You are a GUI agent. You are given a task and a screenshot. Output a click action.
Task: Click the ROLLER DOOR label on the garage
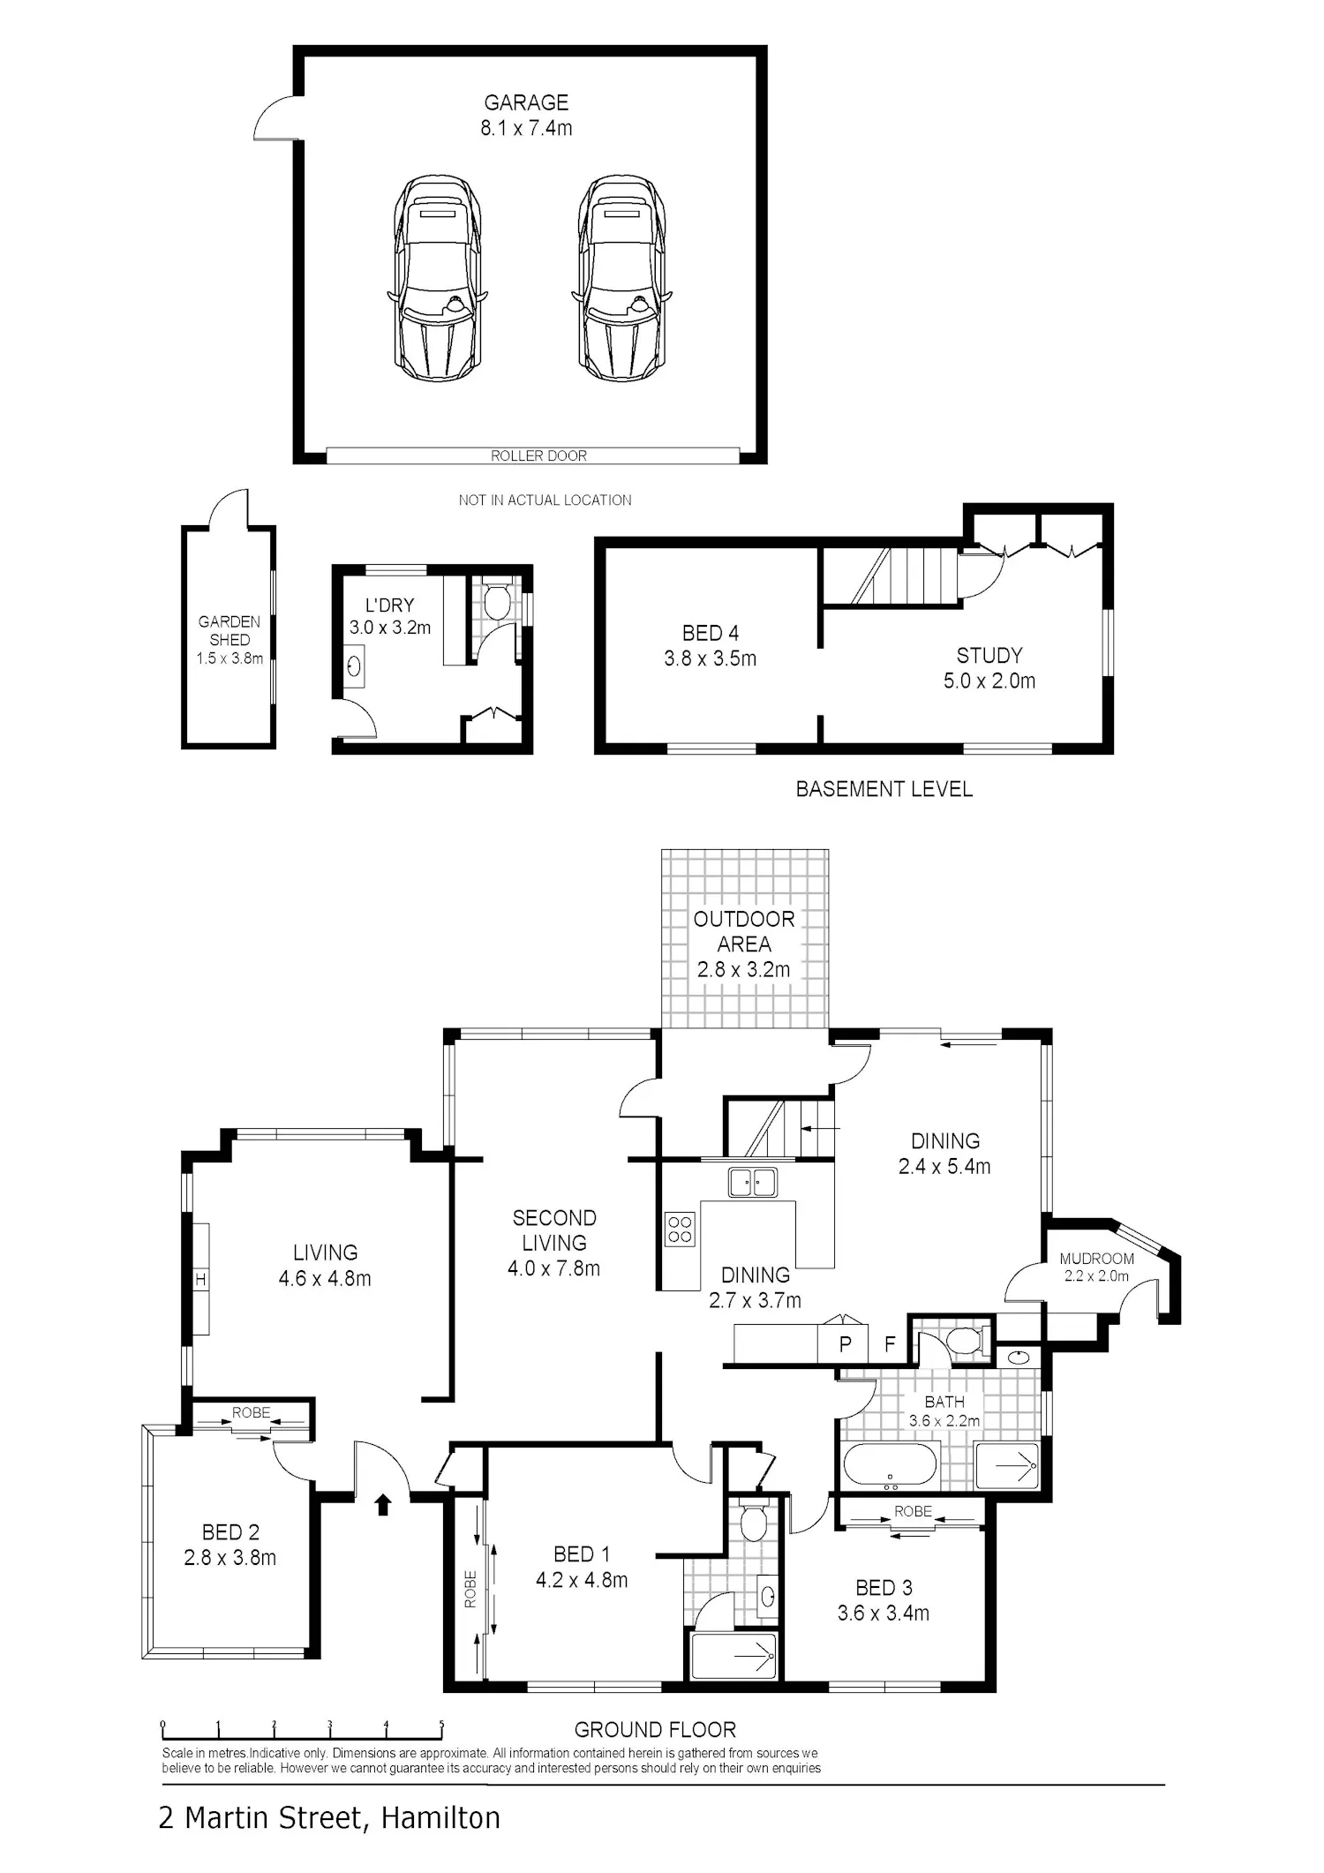click(x=538, y=455)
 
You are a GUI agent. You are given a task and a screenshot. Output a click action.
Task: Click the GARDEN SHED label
click(x=229, y=630)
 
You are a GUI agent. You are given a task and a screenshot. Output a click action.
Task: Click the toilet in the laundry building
click(x=497, y=600)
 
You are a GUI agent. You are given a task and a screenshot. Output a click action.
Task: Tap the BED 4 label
click(x=711, y=633)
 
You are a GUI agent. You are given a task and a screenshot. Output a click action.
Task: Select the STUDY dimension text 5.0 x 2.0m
click(x=989, y=681)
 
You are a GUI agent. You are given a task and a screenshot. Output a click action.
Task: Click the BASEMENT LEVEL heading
click(x=884, y=789)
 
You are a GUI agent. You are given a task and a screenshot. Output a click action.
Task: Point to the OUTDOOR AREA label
click(x=744, y=931)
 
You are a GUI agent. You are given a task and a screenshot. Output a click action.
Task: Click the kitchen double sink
click(x=753, y=1182)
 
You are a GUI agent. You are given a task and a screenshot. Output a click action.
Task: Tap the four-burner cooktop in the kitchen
click(x=680, y=1229)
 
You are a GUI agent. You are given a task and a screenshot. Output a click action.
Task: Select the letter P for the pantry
click(x=846, y=1344)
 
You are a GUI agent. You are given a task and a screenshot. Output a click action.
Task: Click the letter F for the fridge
click(x=890, y=1344)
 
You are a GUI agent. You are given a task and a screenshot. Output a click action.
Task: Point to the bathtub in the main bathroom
click(x=890, y=1468)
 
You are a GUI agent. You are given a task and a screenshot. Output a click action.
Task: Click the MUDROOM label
click(x=1096, y=1259)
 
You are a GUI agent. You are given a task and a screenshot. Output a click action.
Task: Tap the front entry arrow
click(x=382, y=1504)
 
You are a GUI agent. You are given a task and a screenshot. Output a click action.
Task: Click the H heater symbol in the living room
click(x=200, y=1279)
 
